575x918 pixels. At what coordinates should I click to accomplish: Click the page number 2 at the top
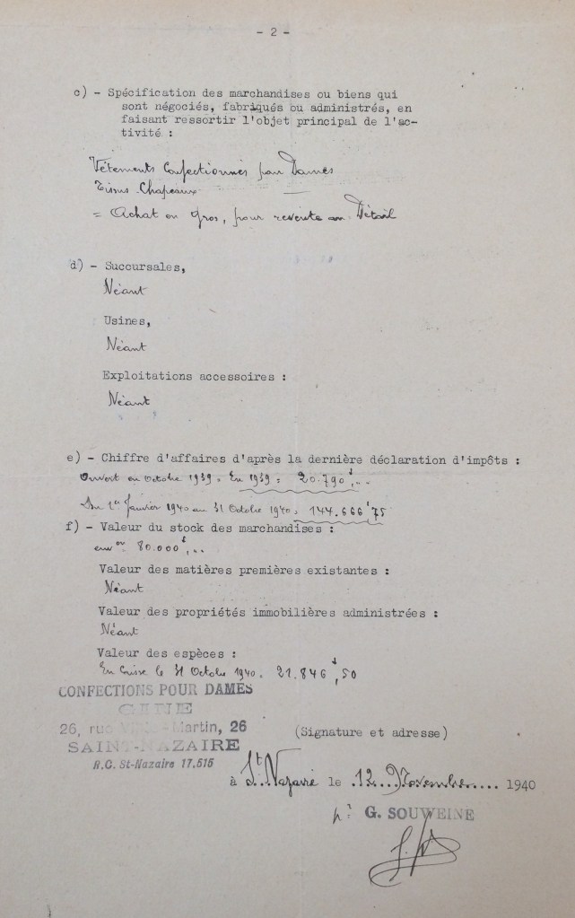(x=273, y=31)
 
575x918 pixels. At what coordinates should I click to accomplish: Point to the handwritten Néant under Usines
(x=126, y=345)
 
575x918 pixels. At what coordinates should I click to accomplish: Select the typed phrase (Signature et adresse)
(x=370, y=732)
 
